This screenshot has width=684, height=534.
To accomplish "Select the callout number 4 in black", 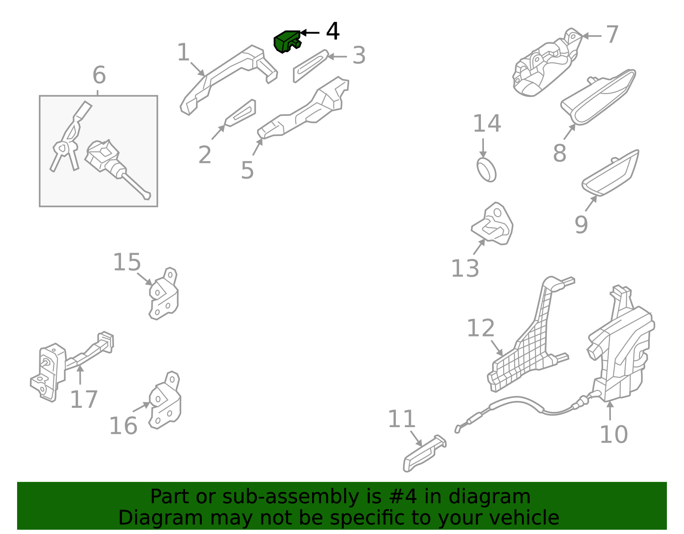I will click(x=333, y=32).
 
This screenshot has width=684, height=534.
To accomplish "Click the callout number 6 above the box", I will click(x=99, y=75).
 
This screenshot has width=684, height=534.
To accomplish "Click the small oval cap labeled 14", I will click(x=486, y=169).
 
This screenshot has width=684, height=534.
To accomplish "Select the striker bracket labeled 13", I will click(x=494, y=225).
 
